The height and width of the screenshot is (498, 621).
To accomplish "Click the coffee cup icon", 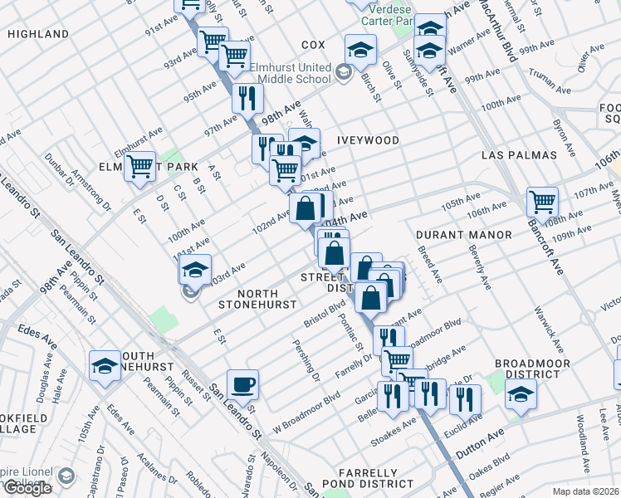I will (x=242, y=384).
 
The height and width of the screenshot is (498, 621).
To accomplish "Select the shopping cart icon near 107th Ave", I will (x=542, y=201).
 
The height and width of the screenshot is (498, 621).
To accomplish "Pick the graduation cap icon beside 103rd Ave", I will (x=195, y=271).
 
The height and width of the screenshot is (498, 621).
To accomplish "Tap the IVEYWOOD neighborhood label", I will (x=368, y=140).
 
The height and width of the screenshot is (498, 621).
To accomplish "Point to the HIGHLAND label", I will (x=38, y=34).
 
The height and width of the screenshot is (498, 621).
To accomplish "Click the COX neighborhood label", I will (x=313, y=45).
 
